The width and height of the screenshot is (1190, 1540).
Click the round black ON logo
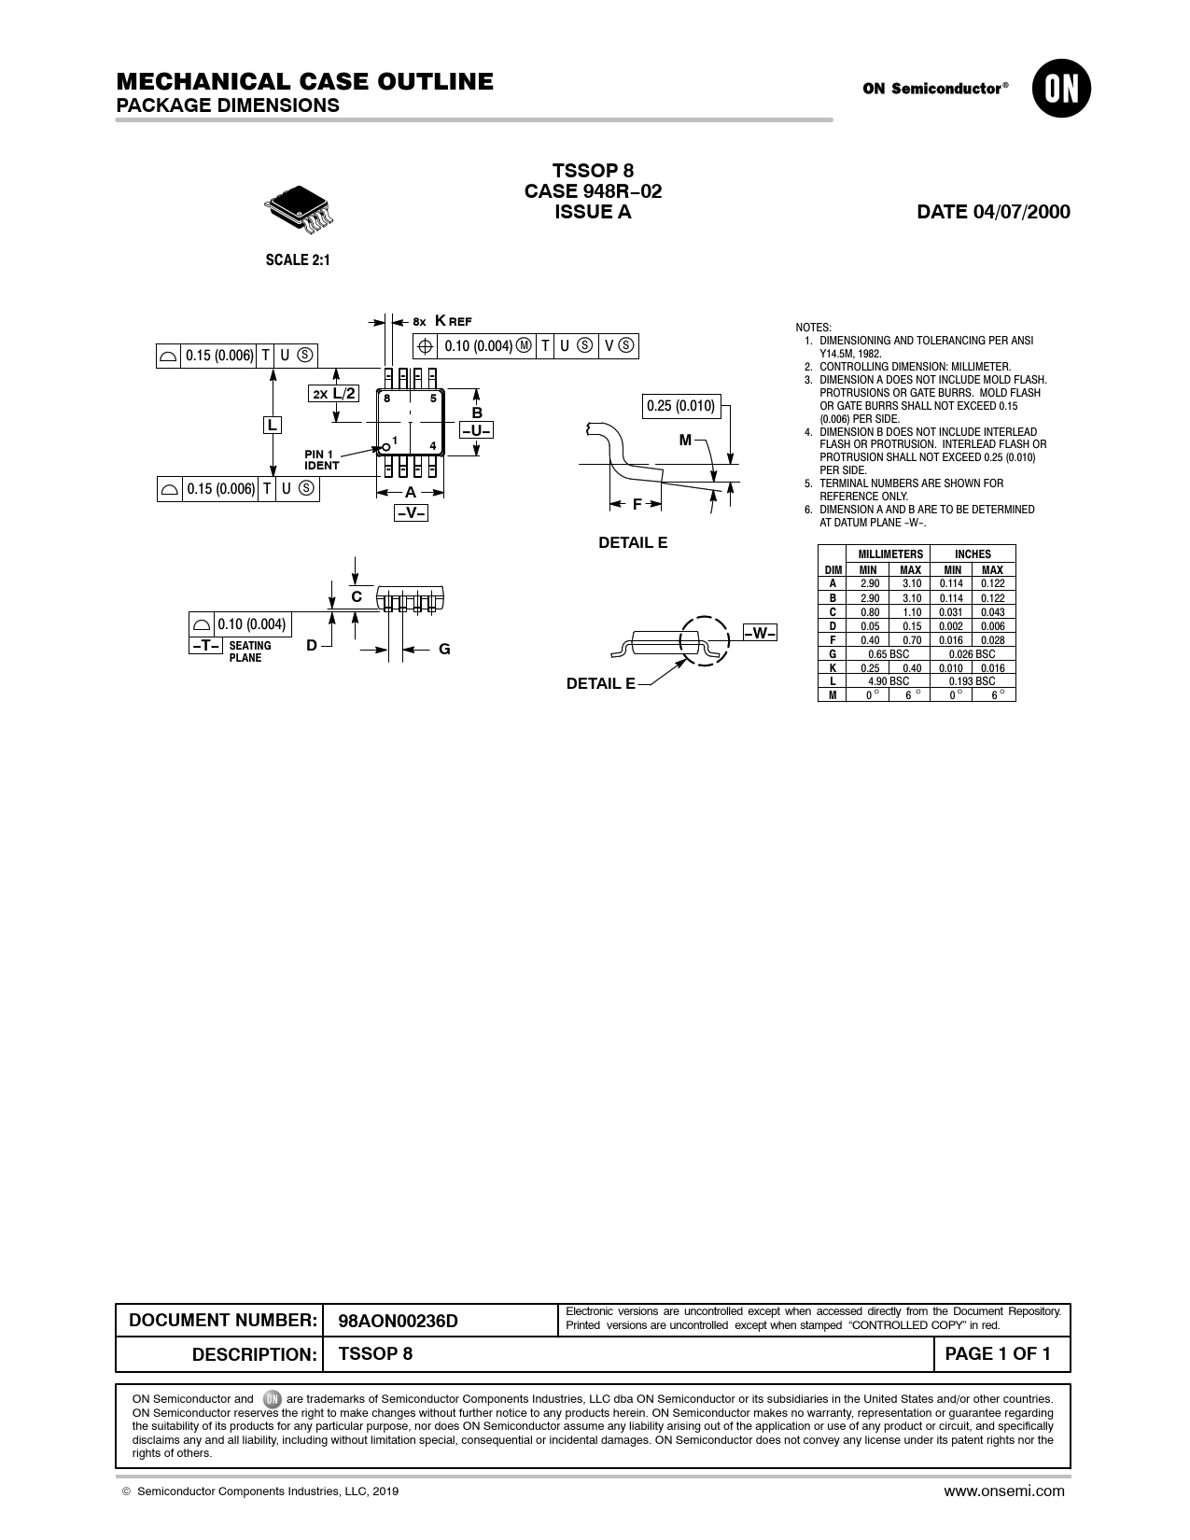point(1061,89)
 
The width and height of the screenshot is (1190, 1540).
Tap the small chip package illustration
point(299,210)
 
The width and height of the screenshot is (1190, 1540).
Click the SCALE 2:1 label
point(298,260)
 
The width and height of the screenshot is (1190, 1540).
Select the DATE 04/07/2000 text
point(993,212)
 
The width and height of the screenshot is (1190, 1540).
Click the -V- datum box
point(411,512)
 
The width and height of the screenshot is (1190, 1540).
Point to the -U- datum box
point(476,430)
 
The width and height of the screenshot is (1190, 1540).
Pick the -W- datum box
point(760,633)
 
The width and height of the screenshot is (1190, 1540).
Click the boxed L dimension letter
point(273,425)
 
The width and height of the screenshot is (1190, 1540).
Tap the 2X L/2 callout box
point(333,393)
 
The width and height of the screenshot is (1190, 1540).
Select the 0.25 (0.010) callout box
point(681,406)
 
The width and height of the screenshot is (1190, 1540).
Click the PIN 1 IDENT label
point(322,460)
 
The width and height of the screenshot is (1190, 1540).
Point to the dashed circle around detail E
point(704,640)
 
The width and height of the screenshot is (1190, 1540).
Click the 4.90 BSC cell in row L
point(889,681)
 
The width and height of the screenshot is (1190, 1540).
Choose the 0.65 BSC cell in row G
point(889,654)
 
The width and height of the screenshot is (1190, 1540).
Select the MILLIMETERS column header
point(890,554)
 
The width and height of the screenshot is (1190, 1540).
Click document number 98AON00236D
point(399,1321)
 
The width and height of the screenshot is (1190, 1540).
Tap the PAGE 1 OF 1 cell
point(997,1353)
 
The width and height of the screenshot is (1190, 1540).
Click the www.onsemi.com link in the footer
point(1003,1491)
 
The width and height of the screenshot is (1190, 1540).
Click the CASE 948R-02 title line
point(594,191)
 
